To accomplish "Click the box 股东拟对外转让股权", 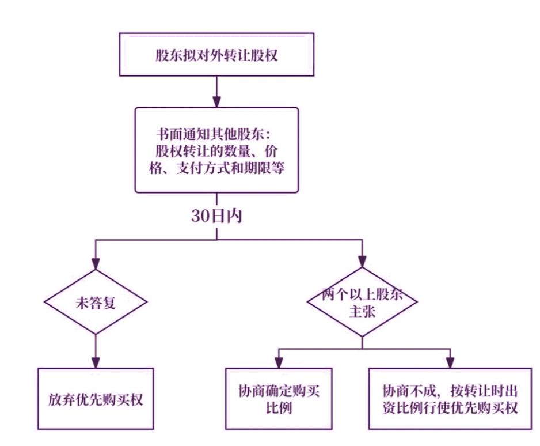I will [x=216, y=55].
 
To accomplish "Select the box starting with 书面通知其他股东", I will [x=216, y=150].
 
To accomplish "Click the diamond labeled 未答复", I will [x=95, y=301].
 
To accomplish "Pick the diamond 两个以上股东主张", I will [x=362, y=301].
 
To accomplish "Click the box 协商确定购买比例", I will [x=279, y=399].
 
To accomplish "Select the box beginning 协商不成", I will [x=450, y=399].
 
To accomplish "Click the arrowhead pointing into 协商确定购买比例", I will [x=279, y=363].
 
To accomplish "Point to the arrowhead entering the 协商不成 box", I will [x=450, y=363].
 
